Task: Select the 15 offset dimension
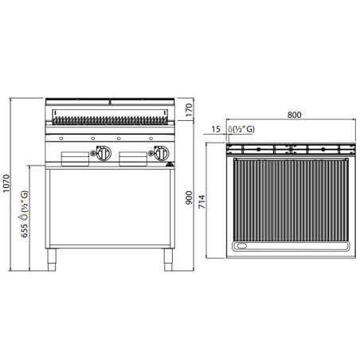click(x=217, y=129)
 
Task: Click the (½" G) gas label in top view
click(x=244, y=129)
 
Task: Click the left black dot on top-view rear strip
click(x=259, y=149)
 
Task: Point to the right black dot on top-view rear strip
click(x=325, y=149)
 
